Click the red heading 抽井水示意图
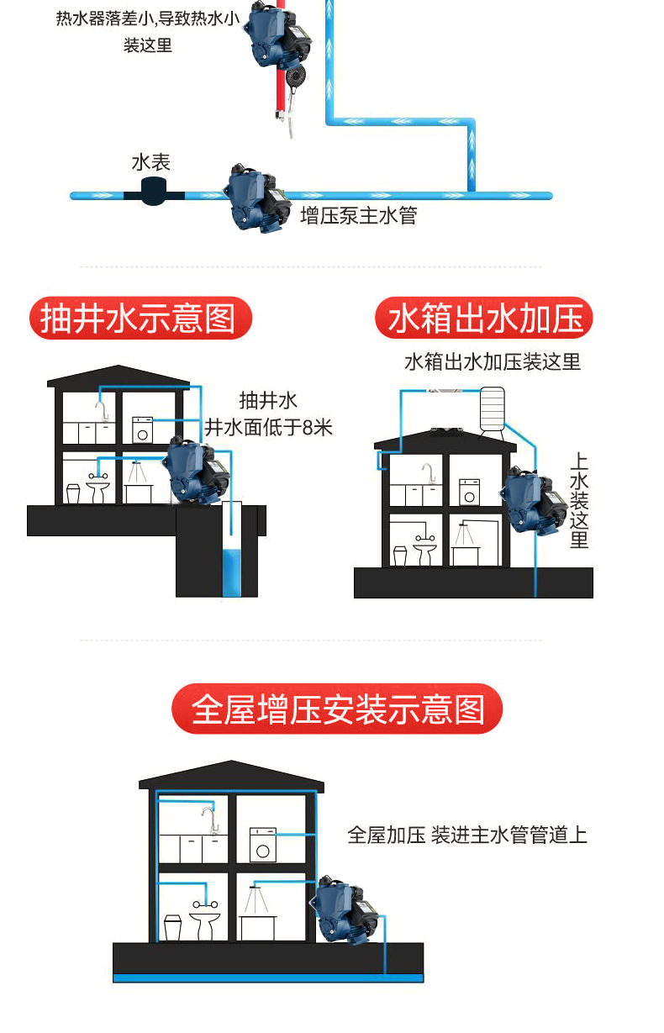coord(140,319)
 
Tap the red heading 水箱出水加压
coord(484,319)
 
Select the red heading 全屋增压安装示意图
coord(337,709)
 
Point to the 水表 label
coord(151,161)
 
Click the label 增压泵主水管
coord(359,216)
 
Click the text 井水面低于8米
coord(269,427)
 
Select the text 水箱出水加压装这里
coord(492,362)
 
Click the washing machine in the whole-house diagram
coord(264,843)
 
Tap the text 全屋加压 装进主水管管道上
coord(467,835)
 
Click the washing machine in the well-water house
coord(143,430)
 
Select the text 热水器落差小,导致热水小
coord(148,18)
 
